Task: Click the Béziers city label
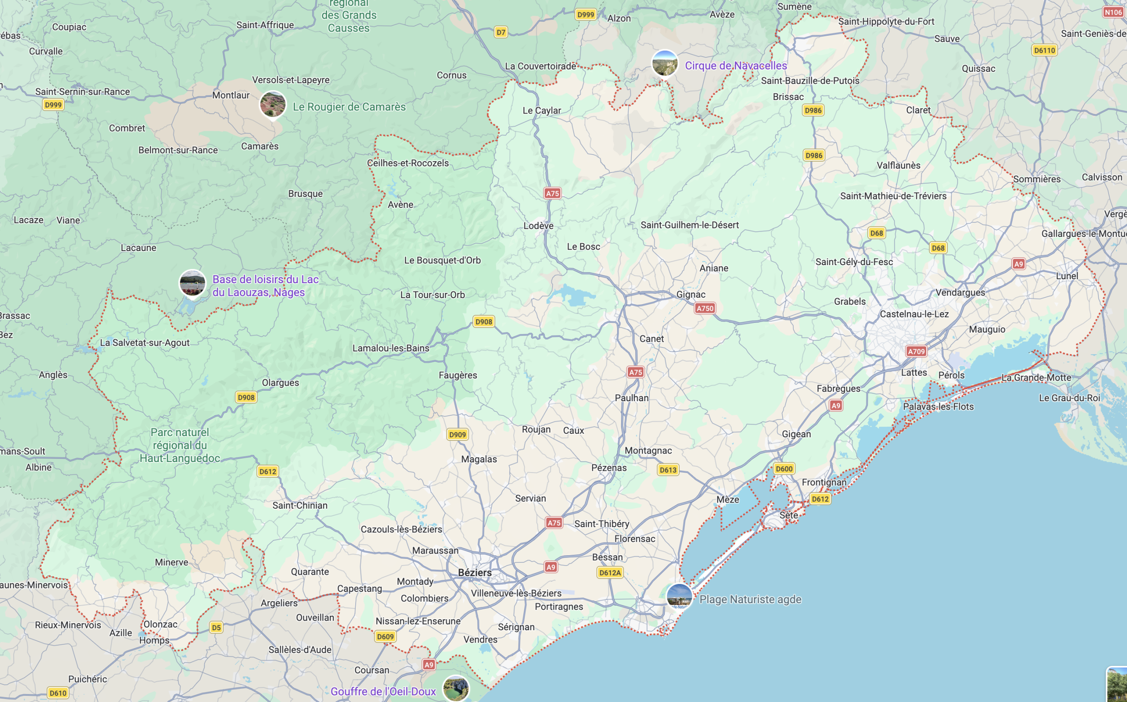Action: coord(475,573)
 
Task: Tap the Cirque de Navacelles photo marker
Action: coord(664,63)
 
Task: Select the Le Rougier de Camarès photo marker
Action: coord(273,103)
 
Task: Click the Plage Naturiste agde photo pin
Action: coord(679,596)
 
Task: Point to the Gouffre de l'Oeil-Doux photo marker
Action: coord(456,688)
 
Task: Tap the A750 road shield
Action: coord(704,308)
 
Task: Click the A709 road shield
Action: coord(916,351)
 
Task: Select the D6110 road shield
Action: coord(1044,50)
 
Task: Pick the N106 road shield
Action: coord(1112,12)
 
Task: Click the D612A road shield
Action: coord(610,573)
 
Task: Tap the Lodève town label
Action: coord(538,225)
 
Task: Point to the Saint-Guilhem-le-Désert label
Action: coord(689,225)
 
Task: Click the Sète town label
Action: coord(788,515)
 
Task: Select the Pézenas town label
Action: coord(609,468)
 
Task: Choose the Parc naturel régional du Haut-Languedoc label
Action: coord(180,445)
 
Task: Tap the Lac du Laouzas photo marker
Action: coord(192,282)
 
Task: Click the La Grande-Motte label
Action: coord(1035,377)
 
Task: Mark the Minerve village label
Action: coord(171,562)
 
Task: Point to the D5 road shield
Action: coord(216,627)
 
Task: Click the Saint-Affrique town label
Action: coord(265,25)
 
